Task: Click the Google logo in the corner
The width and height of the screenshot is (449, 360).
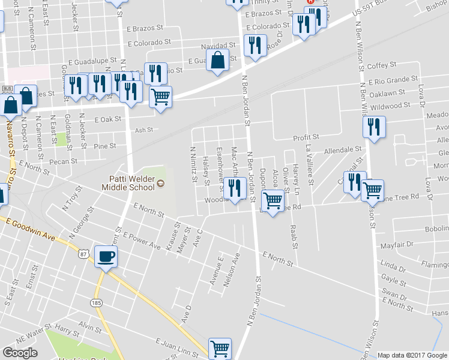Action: [x=20, y=353]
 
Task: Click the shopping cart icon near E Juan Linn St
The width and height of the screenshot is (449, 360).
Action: [x=220, y=347]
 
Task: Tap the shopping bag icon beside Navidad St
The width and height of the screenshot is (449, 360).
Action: [x=217, y=59]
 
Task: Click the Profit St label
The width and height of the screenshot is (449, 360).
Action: [x=306, y=138]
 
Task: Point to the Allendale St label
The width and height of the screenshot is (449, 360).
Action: [x=343, y=149]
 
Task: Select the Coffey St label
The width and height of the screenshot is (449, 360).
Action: [x=382, y=65]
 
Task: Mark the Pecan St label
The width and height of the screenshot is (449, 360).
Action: [x=64, y=161]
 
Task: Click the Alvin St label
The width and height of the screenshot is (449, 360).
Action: [x=93, y=328]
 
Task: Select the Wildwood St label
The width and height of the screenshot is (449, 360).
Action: [x=390, y=106]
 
